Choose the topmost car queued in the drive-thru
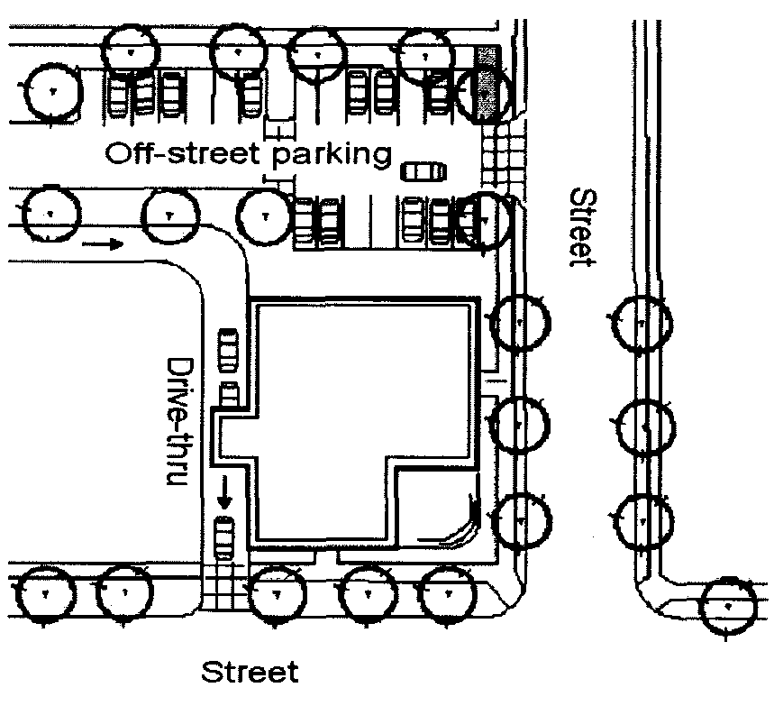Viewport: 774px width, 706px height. click(229, 344)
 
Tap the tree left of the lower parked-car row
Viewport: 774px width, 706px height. click(264, 215)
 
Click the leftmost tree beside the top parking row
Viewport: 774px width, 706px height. click(50, 91)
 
